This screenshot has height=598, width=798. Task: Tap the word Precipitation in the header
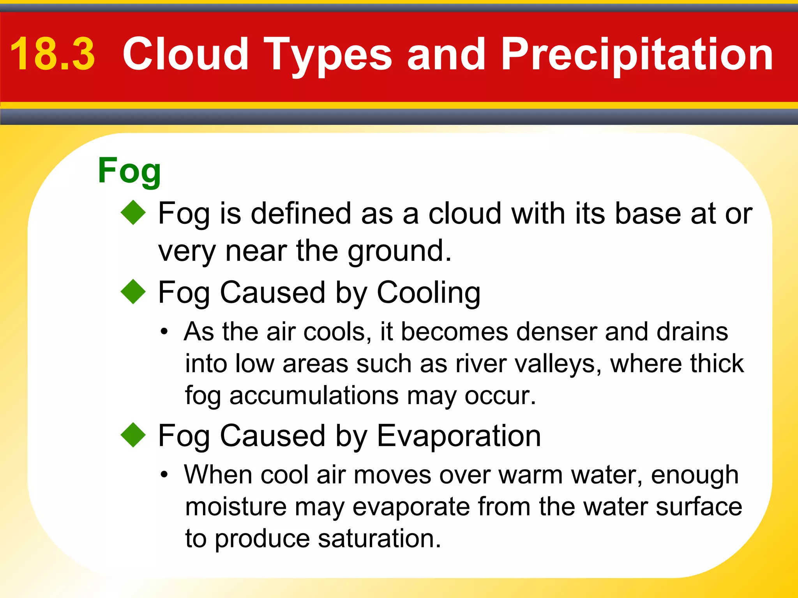click(637, 55)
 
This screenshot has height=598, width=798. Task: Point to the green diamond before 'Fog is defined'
click(133, 213)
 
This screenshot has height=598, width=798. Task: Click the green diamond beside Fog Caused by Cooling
click(133, 292)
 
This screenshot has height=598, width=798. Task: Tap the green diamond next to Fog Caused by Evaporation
click(133, 435)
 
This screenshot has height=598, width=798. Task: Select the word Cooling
click(429, 293)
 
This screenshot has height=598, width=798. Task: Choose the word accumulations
click(314, 396)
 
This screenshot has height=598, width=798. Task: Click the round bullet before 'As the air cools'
click(164, 332)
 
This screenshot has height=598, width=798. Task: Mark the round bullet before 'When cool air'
click(164, 475)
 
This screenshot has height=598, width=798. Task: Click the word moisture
click(236, 507)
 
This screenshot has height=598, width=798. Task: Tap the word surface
click(699, 507)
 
